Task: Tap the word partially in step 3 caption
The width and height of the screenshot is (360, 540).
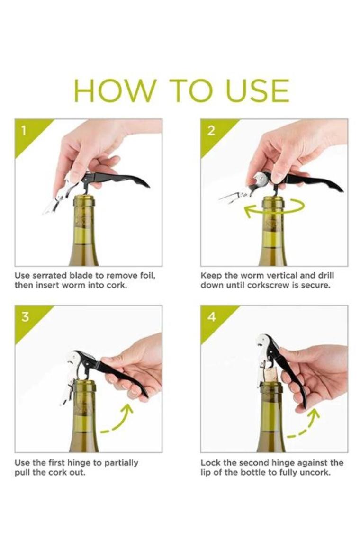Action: (x=121, y=462)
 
